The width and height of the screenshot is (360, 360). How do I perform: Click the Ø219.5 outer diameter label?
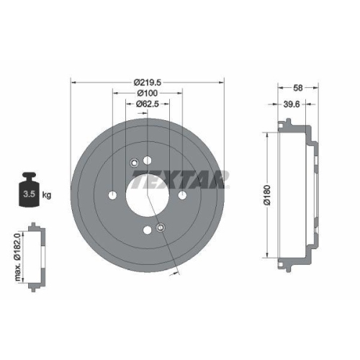[x=148, y=83]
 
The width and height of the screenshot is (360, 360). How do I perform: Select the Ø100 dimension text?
[x=148, y=94]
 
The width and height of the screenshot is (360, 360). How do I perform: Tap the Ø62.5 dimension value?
[x=148, y=104]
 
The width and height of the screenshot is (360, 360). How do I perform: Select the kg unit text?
[x=47, y=195]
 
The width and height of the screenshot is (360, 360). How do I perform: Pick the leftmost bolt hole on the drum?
[x=112, y=195]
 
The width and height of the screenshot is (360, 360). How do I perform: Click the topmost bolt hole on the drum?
[x=147, y=160]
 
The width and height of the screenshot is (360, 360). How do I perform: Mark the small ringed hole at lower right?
[x=160, y=228]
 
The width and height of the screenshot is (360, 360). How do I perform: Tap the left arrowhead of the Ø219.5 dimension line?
[x=72, y=83]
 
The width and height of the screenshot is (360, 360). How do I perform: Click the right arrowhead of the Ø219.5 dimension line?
[x=223, y=83]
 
